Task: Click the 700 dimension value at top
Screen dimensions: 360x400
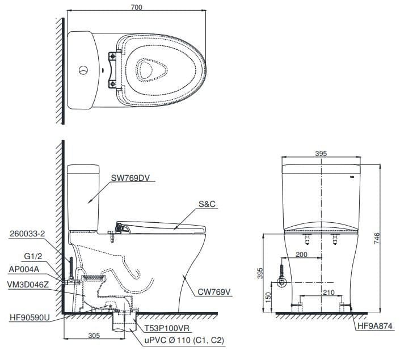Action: click(136, 7)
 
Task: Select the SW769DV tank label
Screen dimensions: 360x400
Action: click(131, 177)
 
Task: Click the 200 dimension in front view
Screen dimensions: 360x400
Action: click(301, 255)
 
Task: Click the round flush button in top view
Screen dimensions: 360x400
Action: click(83, 71)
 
